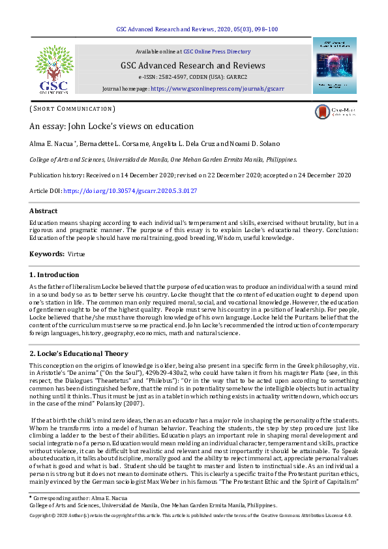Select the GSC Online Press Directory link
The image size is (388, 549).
pos(216,52)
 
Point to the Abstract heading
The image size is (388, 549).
pos(44,211)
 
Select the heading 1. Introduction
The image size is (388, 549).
pos(55,274)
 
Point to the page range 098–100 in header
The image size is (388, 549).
pos(265,29)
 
